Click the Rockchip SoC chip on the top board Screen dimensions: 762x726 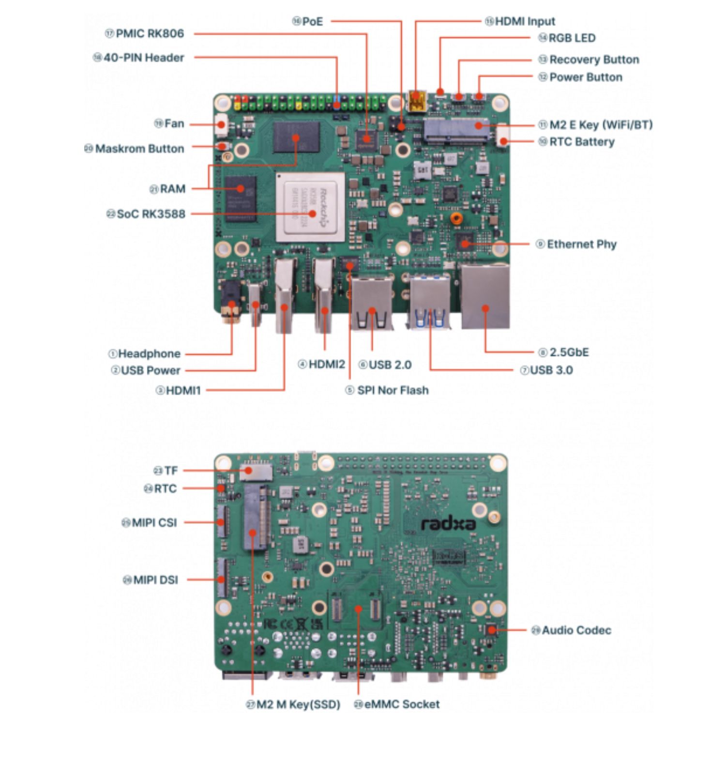point(310,207)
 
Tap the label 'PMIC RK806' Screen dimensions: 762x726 point(150,33)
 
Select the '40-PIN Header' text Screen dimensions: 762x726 point(144,58)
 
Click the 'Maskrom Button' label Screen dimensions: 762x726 point(139,149)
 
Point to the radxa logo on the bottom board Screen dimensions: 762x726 point(448,523)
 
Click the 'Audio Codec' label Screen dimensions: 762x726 point(576,630)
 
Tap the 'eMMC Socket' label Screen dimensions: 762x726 point(401,704)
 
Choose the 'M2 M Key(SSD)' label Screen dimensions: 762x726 point(298,704)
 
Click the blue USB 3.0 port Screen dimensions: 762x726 point(430,303)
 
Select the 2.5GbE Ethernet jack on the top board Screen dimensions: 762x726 point(485,296)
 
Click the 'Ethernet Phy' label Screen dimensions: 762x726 point(581,244)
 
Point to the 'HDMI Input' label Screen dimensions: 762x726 point(525,21)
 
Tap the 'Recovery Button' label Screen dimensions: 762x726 point(594,60)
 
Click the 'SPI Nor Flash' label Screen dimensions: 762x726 point(393,390)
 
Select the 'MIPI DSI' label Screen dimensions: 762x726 point(155,579)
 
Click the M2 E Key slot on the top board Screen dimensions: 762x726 point(456,130)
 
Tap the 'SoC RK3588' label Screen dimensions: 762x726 point(151,214)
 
